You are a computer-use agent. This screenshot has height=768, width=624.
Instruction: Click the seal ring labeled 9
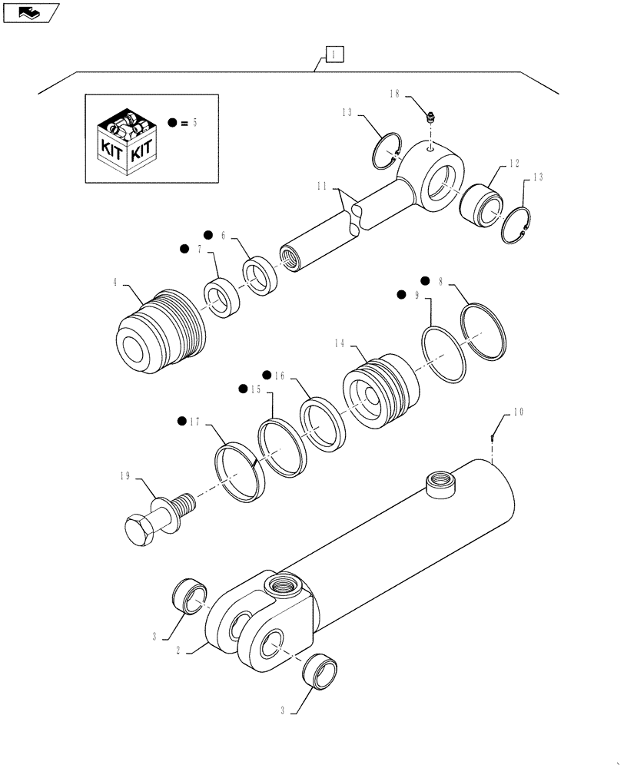444,353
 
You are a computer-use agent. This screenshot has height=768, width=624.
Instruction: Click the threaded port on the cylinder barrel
441,483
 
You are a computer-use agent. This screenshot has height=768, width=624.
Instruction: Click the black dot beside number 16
267,374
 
